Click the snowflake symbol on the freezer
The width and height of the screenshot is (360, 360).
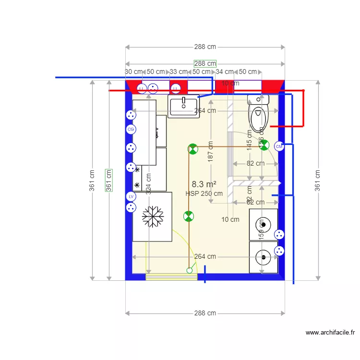(x=153, y=217)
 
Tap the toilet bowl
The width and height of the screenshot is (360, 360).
(x=259, y=116)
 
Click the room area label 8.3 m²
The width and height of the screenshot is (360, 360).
(x=204, y=184)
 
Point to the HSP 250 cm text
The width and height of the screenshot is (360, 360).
(x=204, y=193)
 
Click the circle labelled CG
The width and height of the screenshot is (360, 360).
(x=131, y=130)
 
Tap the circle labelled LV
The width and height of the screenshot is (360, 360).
(x=131, y=196)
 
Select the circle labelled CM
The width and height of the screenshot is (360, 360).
(x=279, y=147)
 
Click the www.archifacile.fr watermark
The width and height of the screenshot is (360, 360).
(x=330, y=332)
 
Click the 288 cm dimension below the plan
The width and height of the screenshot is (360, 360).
(x=205, y=313)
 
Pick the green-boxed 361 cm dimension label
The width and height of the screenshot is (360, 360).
(x=108, y=180)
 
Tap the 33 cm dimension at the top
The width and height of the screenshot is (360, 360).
(x=179, y=72)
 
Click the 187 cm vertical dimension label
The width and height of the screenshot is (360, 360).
(x=210, y=152)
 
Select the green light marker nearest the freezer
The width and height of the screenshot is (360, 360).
(x=189, y=216)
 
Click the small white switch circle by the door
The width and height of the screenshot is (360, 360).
(x=189, y=271)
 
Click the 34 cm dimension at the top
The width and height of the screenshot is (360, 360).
(x=225, y=72)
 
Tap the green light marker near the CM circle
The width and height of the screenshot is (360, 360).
(x=264, y=145)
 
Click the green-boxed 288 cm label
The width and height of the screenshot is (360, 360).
(x=205, y=63)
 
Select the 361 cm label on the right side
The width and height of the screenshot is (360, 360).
(x=317, y=180)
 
